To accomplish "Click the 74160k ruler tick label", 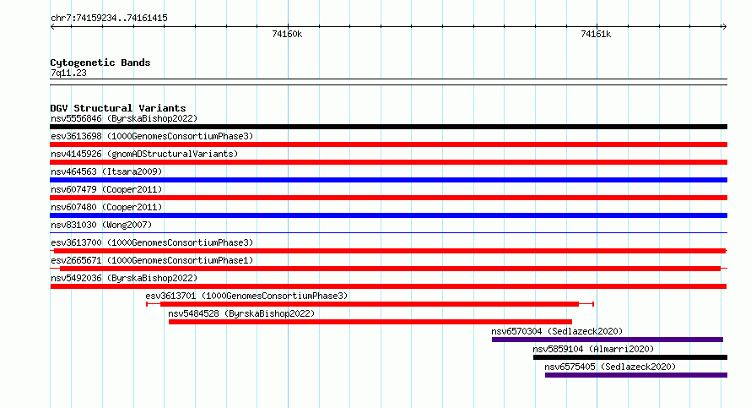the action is (x=287, y=34).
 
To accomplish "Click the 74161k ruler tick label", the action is (x=596, y=34).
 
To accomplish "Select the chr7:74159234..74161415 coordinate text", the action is (x=109, y=19).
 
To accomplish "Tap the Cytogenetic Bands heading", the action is (x=100, y=63).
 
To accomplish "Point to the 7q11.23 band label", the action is (x=68, y=73).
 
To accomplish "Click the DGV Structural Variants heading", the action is (x=118, y=108).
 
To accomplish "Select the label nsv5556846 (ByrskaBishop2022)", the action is (x=124, y=118).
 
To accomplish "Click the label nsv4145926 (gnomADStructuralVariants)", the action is (x=144, y=154).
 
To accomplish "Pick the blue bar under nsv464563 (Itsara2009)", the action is (x=388, y=180).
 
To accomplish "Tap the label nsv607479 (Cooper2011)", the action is (x=106, y=189).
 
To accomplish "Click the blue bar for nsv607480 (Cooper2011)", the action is (x=388, y=215).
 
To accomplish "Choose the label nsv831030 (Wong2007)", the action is (x=101, y=225).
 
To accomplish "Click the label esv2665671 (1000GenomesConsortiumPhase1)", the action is (x=152, y=260).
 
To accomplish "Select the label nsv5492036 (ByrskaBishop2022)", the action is (x=124, y=278).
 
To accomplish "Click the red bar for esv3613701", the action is (x=370, y=304).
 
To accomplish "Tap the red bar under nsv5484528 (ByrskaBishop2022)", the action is (x=370, y=322).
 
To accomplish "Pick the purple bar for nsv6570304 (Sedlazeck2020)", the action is (x=608, y=340).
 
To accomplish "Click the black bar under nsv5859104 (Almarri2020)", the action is (x=630, y=357).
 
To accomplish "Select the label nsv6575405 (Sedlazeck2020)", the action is (x=610, y=367).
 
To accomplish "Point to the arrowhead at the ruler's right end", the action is (x=725, y=27).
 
